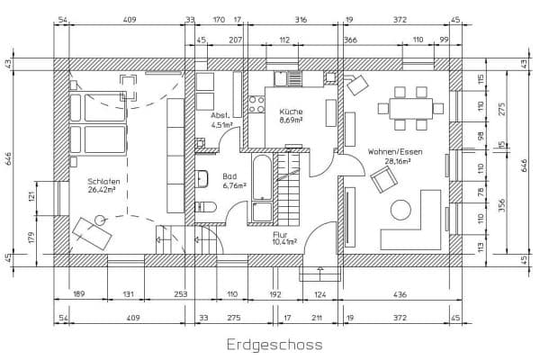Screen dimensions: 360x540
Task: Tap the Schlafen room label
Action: point(104,180)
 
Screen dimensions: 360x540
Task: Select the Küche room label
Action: point(292,111)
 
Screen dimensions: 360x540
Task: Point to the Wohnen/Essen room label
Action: point(390,153)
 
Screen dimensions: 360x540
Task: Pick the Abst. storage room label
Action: point(220,115)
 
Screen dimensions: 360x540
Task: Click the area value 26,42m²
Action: point(104,190)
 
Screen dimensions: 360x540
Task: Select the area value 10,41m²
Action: point(285,241)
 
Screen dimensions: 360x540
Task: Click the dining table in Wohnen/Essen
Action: point(410,108)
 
